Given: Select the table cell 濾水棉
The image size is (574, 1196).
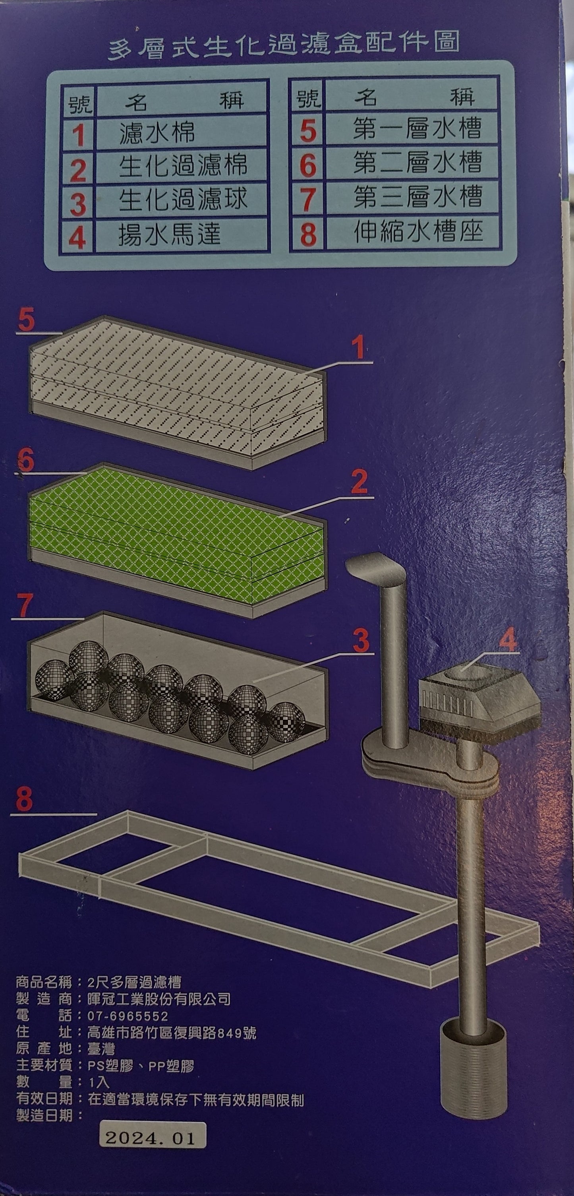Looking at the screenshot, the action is [x=157, y=132].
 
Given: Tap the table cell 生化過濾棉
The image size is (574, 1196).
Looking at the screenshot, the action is [x=183, y=166].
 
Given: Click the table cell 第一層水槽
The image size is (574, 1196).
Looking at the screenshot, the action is [x=417, y=128].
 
